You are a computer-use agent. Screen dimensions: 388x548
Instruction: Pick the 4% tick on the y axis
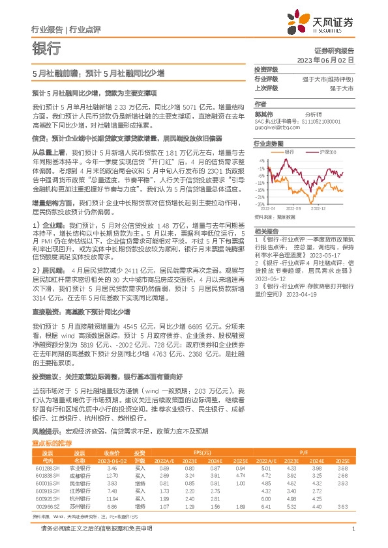[x=262, y=159]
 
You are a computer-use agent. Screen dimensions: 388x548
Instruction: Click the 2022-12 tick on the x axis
[x=318, y=208]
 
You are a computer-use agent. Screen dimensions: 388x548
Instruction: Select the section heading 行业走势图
[x=268, y=142]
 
